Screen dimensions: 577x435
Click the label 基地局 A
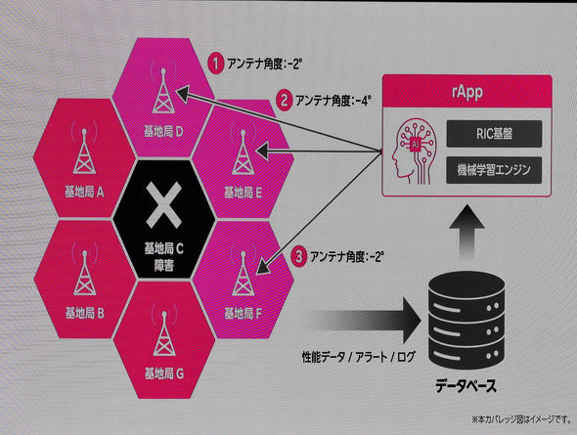click(85, 192)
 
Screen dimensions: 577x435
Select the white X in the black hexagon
click(163, 205)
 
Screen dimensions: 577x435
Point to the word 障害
click(163, 266)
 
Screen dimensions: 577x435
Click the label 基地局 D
click(163, 131)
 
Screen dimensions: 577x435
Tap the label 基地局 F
click(243, 313)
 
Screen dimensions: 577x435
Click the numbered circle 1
click(216, 64)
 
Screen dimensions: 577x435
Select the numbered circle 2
click(285, 100)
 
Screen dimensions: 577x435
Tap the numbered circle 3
click(299, 256)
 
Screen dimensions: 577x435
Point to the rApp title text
click(467, 92)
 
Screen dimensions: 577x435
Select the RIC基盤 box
click(494, 134)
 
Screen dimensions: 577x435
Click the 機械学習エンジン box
click(494, 170)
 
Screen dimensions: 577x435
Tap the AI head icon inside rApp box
click(415, 151)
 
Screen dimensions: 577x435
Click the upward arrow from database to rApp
click(466, 231)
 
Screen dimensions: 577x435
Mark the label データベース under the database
click(466, 386)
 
